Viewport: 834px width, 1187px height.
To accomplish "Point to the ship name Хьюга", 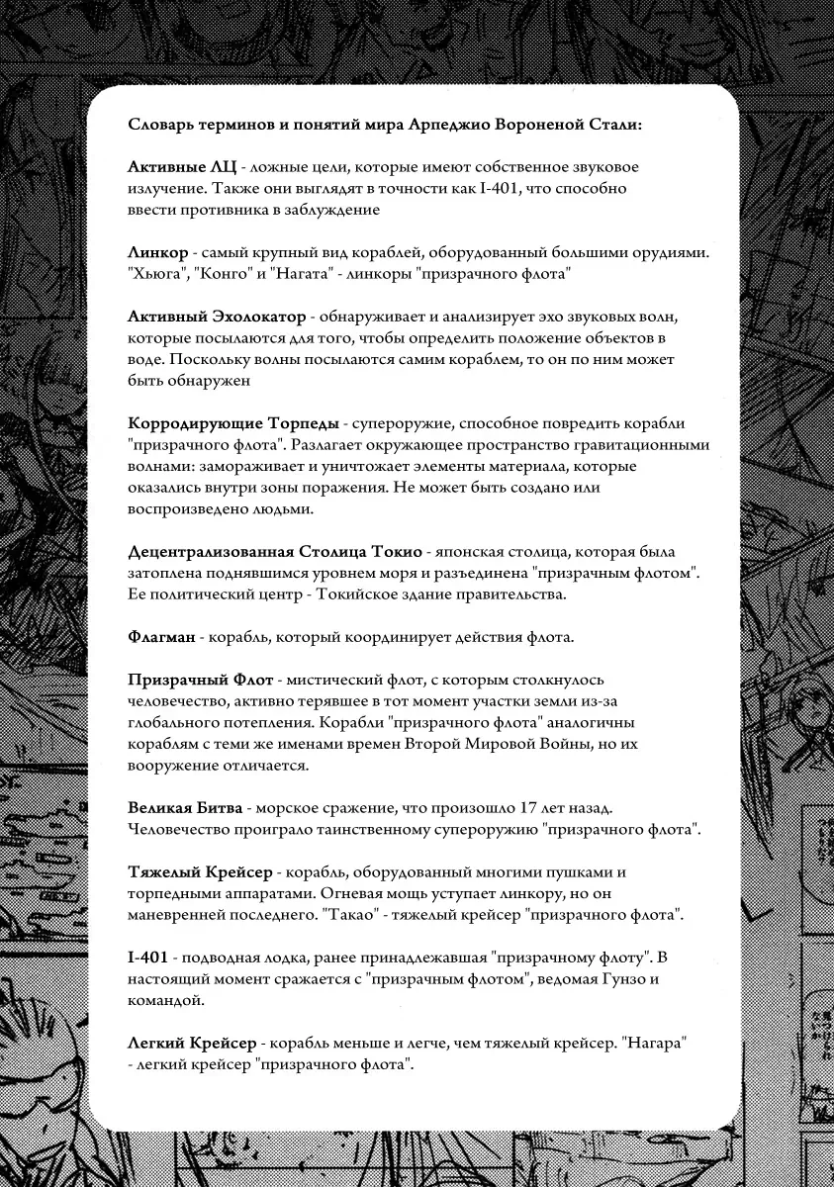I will coord(155,273).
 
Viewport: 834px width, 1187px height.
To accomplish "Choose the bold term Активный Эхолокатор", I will coord(217,317).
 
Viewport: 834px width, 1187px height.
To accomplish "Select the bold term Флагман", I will coord(161,638).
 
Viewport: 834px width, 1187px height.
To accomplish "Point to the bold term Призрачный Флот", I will coord(200,681).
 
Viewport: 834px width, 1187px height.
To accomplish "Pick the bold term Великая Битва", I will coord(187,809).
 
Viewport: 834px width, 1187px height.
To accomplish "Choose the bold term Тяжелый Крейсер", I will coord(201,873).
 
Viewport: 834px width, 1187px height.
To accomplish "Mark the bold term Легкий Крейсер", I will coord(193,1044).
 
